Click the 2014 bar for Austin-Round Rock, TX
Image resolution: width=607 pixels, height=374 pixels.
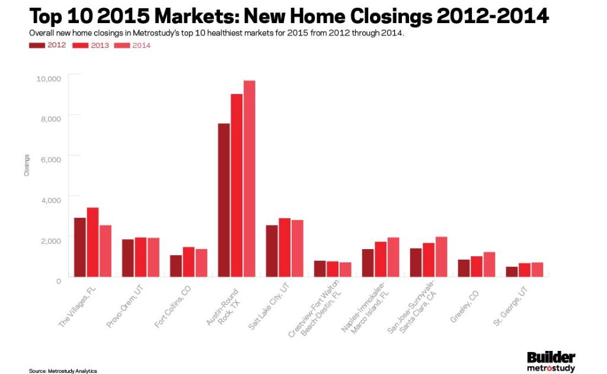[249, 178]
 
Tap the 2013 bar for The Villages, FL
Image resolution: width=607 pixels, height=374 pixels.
[92, 242]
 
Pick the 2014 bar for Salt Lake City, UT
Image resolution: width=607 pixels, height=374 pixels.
[297, 248]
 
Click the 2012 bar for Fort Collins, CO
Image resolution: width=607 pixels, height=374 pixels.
[176, 266]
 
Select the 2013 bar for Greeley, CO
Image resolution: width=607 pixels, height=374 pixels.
[477, 266]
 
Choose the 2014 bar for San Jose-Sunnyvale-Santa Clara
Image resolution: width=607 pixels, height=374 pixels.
[441, 256]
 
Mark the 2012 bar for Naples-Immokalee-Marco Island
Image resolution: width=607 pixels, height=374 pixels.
[368, 263]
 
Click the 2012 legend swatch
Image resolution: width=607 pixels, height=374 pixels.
[37, 45]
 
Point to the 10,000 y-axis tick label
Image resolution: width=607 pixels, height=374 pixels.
[49, 78]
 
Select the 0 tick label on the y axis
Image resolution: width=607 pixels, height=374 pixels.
[58, 280]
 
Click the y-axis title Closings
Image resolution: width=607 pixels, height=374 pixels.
[27, 166]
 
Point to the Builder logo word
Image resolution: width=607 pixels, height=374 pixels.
[551, 357]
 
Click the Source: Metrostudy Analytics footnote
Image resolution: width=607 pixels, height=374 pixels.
[63, 370]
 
